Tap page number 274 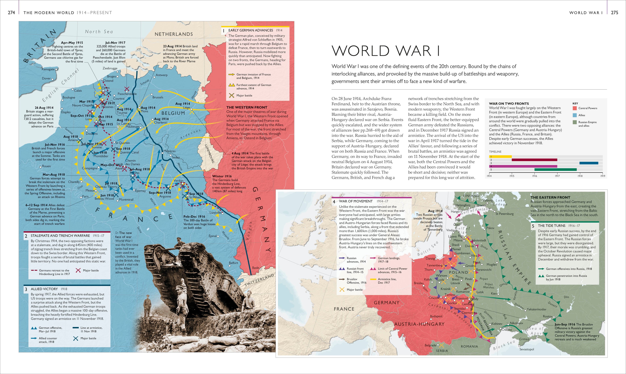[x=11, y=13]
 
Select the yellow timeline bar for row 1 [x=500, y=157]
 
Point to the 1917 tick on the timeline [x=557, y=176]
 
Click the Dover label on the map [x=46, y=78]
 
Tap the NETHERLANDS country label [x=174, y=34]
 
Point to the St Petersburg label [x=504, y=214]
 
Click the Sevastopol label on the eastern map [x=527, y=349]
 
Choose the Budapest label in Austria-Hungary [x=436, y=316]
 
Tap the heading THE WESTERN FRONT [x=246, y=107]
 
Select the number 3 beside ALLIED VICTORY [x=26, y=289]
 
